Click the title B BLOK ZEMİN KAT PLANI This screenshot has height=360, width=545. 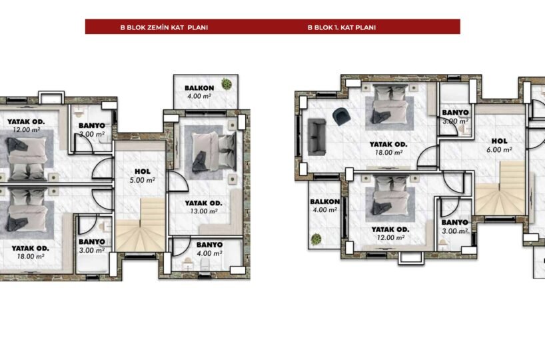coord(164,27)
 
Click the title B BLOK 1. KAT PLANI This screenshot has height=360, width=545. coord(342,27)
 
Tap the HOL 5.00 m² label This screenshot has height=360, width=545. coord(143,175)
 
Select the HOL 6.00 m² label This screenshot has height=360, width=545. coord(500,145)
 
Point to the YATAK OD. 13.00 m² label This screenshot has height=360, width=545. coord(203,207)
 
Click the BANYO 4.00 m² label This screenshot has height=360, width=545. coord(209,249)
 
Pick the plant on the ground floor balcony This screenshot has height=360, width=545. coord(227,84)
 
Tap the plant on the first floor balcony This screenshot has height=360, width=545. coord(316,239)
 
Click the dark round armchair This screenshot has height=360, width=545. coord(341,116)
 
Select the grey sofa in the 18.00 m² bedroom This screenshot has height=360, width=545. coord(316,137)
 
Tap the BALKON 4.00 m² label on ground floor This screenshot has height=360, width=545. coord(199,92)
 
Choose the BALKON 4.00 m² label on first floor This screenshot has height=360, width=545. coord(324,205)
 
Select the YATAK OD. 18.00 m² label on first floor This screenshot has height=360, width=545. coord(388,148)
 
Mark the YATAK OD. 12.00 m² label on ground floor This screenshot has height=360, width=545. coord(26,125)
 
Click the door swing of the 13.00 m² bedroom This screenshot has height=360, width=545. coord(178,181)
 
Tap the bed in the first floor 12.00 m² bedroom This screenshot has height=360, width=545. coord(390,196)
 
